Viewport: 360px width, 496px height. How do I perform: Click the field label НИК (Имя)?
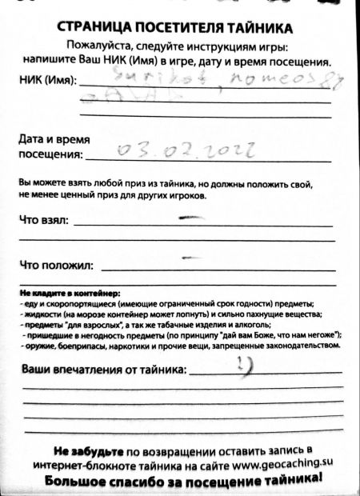(x=47, y=81)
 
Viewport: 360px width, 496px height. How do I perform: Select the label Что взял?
(x=43, y=220)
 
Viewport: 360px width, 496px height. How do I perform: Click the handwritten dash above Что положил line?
(x=190, y=257)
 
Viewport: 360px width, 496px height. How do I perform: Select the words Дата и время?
(x=52, y=138)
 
